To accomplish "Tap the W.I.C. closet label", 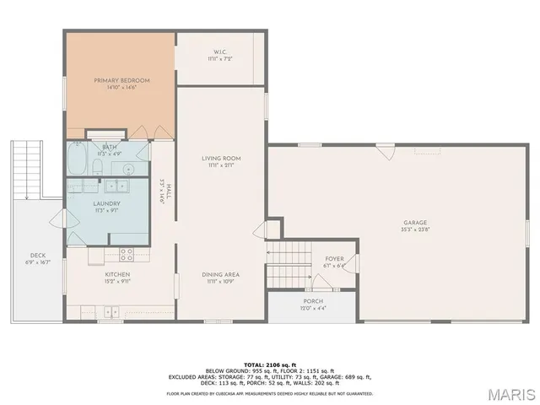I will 219,57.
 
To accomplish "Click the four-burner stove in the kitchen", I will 127,252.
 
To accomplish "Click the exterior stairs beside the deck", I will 26,169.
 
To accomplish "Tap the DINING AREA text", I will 221,275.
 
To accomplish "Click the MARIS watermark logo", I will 507,393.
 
